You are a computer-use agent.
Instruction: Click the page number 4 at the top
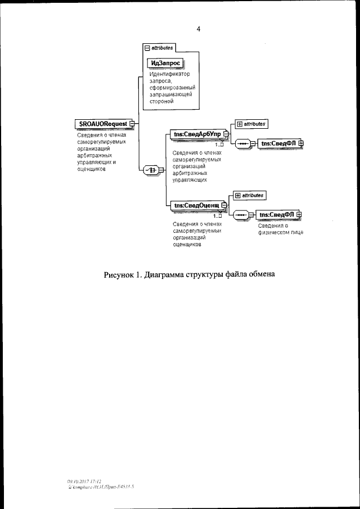coord(199,29)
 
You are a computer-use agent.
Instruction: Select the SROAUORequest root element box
coord(102,123)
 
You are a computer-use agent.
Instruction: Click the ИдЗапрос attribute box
coord(165,63)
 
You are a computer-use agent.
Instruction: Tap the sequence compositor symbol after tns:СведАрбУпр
coord(242,144)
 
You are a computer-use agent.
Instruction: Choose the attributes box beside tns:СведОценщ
coord(249,195)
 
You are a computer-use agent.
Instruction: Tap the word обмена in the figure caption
coord(259,275)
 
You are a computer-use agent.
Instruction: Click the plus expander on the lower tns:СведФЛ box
coord(299,214)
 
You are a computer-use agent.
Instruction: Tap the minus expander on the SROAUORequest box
coord(132,123)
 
